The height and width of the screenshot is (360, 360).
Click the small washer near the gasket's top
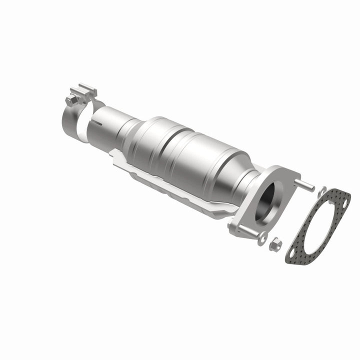322,190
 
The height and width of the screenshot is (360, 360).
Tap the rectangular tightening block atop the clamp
85,92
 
